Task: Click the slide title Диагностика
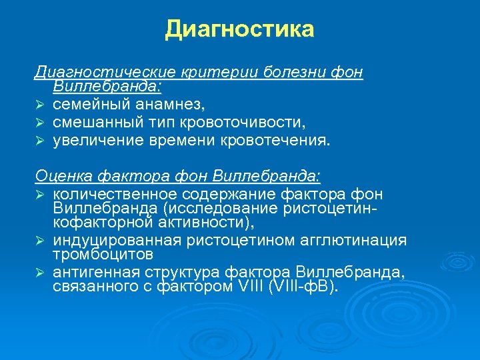[x=239, y=29]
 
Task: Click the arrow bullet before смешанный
[x=40, y=123]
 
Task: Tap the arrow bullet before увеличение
[x=40, y=141]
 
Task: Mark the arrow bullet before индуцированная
[x=40, y=241]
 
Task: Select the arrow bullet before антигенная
[x=40, y=273]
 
